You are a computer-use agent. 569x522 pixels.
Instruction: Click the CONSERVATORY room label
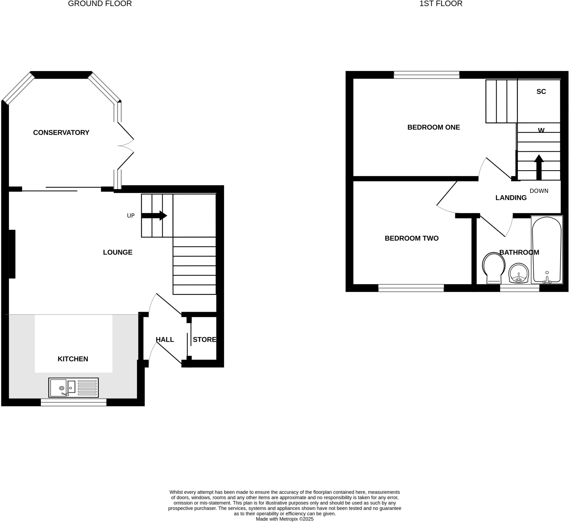(61, 132)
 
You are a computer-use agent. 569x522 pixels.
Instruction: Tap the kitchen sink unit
(74, 388)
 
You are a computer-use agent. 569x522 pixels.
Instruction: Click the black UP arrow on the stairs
(154, 215)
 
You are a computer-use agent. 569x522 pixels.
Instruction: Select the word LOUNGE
(118, 252)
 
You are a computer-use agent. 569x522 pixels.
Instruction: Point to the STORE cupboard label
(204, 340)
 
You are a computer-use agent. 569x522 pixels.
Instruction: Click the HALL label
(165, 340)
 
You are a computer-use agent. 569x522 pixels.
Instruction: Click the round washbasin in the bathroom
(519, 273)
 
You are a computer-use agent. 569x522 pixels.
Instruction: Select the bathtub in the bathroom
(547, 250)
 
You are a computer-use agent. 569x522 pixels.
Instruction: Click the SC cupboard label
(541, 92)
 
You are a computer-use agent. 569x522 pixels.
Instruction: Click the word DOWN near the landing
(539, 191)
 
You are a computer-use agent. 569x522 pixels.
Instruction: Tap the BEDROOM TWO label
(411, 239)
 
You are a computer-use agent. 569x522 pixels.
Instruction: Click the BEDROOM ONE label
(434, 127)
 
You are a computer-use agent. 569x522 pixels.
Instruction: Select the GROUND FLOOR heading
(100, 4)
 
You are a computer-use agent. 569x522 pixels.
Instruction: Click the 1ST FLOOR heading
(441, 4)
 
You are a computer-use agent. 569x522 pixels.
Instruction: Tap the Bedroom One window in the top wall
(426, 75)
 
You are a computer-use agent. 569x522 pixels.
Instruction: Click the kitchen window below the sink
(74, 402)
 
